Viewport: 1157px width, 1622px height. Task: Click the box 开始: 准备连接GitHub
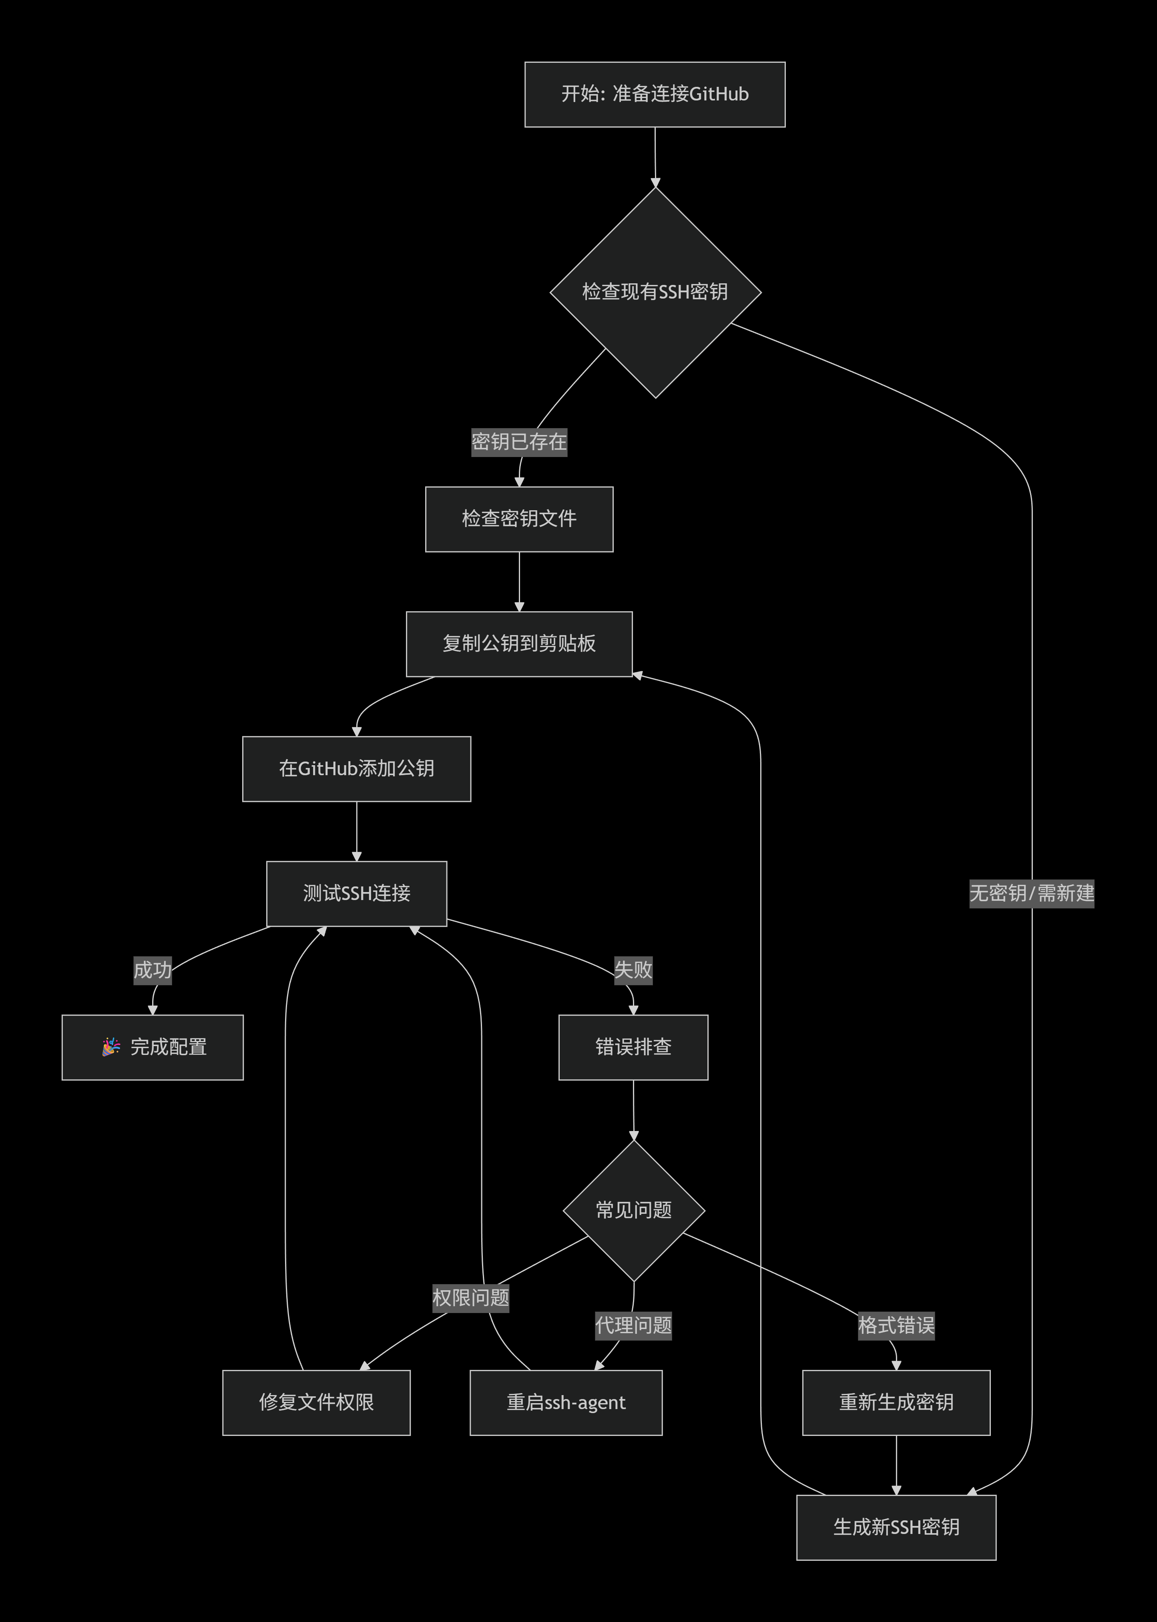655,94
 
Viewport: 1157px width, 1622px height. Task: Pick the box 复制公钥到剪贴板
519,644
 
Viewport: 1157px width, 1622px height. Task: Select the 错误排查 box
633,1047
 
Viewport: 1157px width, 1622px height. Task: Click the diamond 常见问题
633,1211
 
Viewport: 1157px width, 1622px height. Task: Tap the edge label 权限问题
470,1297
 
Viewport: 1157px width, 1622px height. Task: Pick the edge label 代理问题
633,1325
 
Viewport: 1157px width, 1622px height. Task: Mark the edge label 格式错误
896,1325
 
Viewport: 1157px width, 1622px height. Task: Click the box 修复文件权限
316,1403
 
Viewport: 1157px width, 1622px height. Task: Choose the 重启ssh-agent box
566,1403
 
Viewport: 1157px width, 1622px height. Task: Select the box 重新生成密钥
896,1403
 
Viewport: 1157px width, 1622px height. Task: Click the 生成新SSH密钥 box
896,1527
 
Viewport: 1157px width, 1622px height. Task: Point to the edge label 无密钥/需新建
1031,893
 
